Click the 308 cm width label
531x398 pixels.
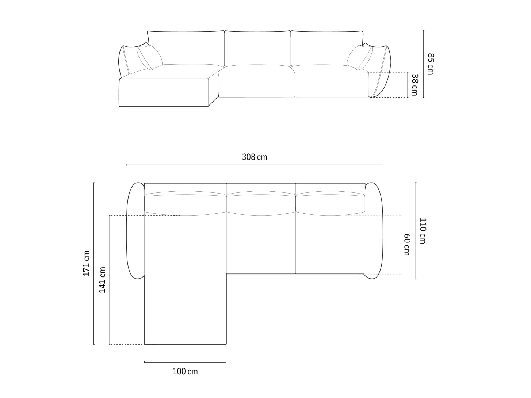(255, 157)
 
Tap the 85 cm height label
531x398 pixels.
(431, 64)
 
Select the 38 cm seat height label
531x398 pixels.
(415, 85)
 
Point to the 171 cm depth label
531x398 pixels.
(86, 263)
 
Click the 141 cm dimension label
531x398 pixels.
(102, 280)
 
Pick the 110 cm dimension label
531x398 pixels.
(423, 231)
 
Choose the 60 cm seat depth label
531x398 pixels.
(407, 244)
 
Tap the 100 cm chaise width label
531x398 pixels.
(185, 371)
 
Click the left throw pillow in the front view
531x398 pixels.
(149, 57)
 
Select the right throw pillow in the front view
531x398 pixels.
(360, 57)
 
